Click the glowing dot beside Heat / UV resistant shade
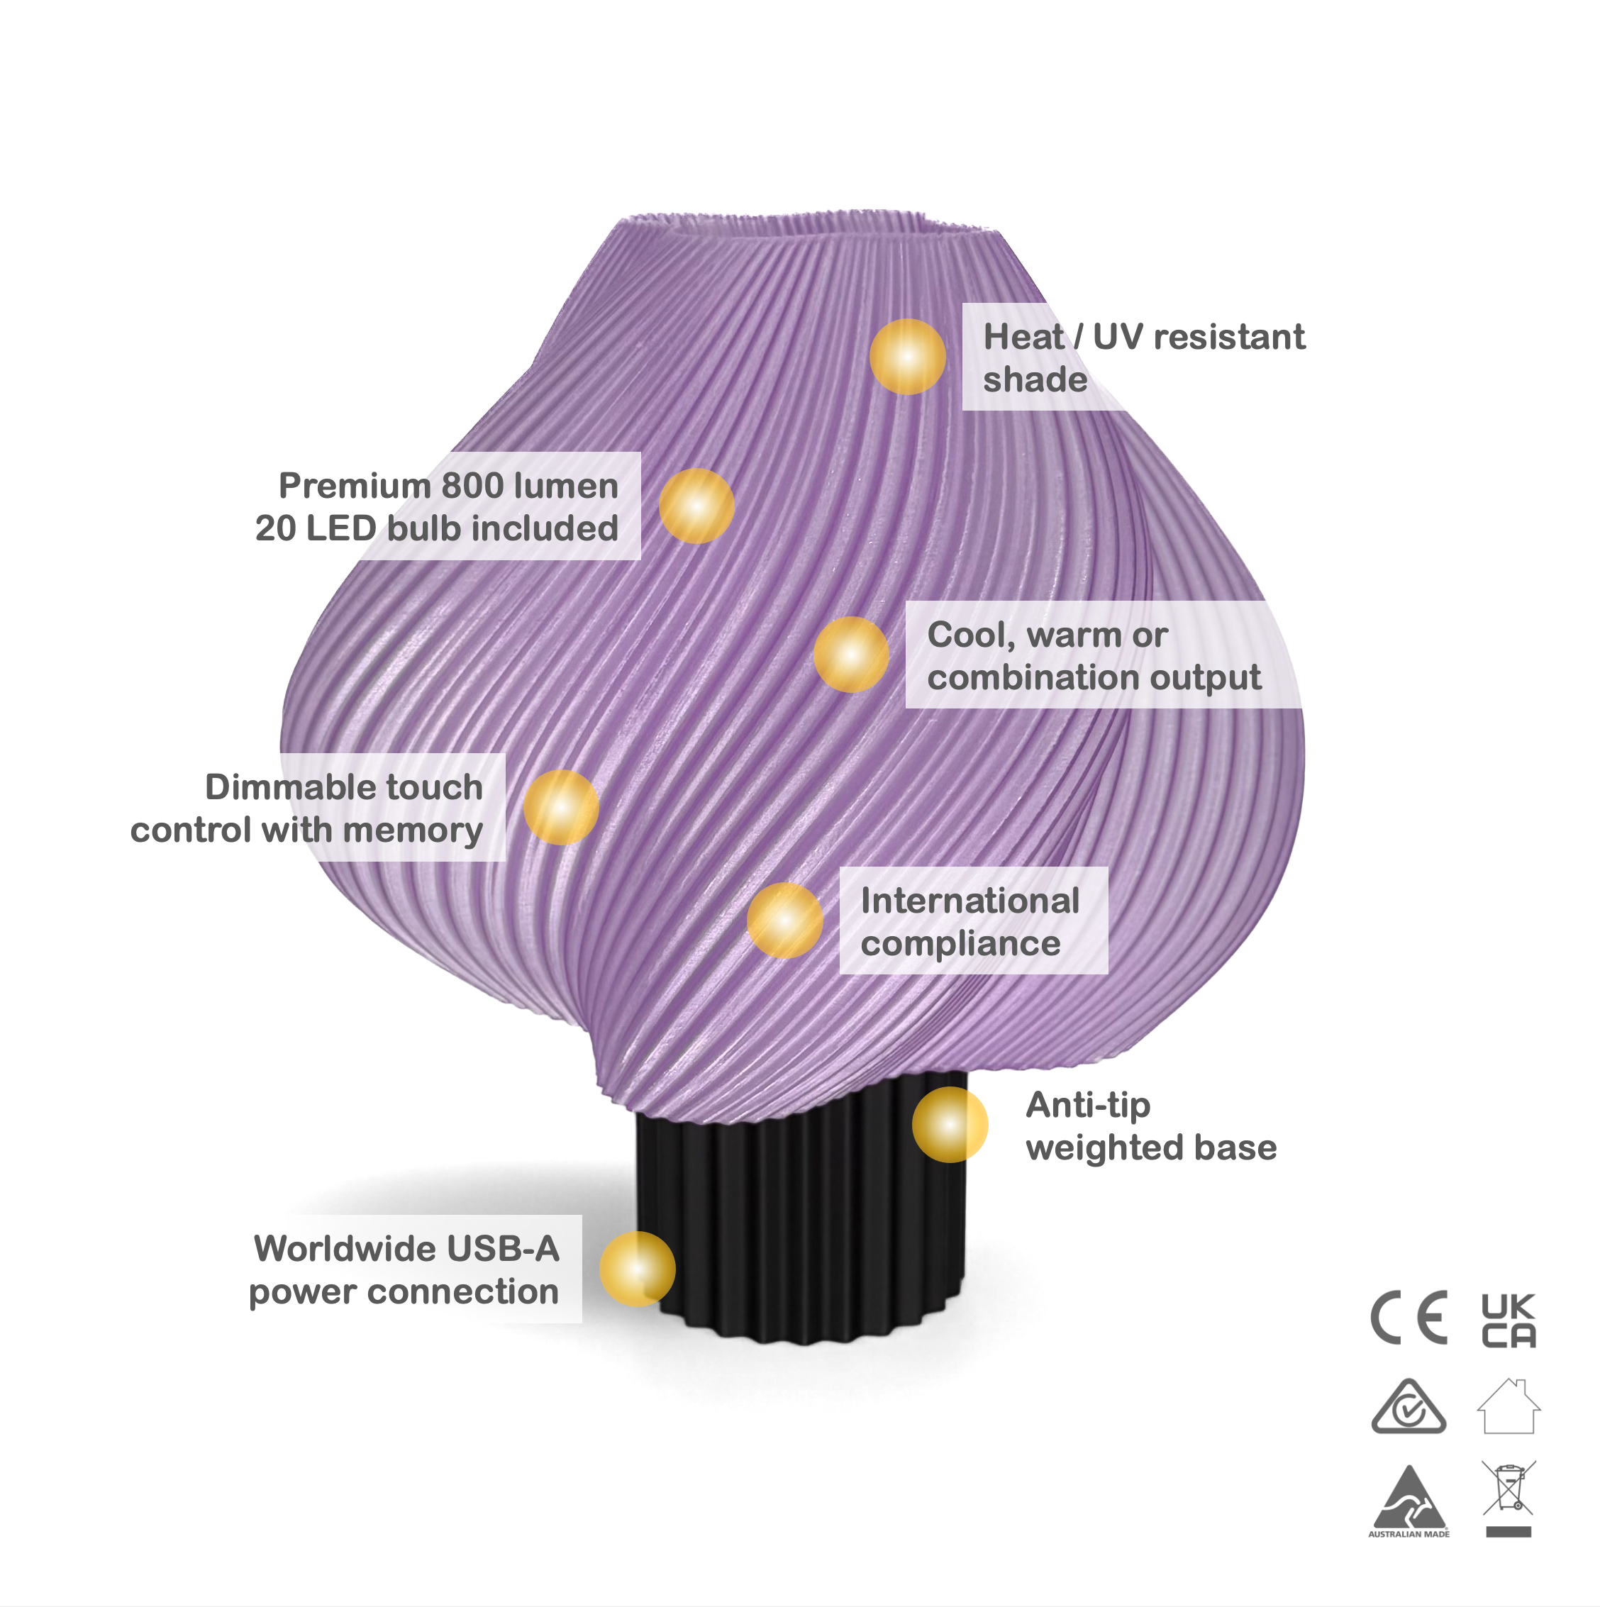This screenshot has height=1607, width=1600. (907, 357)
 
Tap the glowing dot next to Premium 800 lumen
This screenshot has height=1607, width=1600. (696, 506)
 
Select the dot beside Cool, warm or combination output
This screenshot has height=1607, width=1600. (850, 655)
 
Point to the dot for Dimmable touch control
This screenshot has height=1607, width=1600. (561, 807)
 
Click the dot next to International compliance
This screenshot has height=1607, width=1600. (784, 920)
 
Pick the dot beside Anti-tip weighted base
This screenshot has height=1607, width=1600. (950, 1125)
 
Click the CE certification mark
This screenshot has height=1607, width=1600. (1409, 1318)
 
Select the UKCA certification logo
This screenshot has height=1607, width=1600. (1508, 1319)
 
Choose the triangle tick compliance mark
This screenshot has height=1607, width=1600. (1409, 1408)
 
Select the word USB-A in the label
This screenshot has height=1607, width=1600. (503, 1248)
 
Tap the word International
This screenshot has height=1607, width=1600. (970, 901)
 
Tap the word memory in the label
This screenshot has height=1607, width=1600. (413, 830)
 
